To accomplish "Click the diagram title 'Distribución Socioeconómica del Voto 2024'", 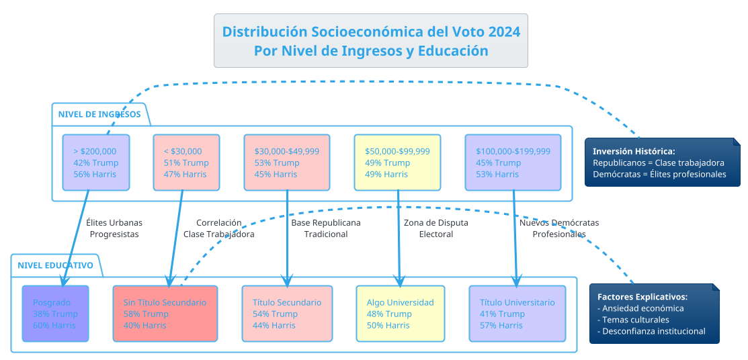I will tap(370, 32).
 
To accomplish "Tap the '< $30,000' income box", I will tap(186, 163).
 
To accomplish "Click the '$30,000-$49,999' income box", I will tap(287, 163).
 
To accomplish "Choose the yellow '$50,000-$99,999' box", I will tap(397, 163).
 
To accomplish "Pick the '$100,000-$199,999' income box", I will tap(513, 163).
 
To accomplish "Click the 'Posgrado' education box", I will tap(55, 314).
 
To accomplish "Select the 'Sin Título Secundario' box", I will tap(165, 314).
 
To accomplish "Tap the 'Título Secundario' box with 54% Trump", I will tap(287, 314).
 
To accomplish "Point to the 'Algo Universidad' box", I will tap(400, 314).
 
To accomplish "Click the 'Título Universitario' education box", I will tap(517, 314).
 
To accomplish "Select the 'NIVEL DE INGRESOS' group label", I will tap(99, 114).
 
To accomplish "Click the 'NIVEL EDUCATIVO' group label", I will tap(56, 265).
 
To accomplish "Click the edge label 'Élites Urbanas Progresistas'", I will tap(114, 228).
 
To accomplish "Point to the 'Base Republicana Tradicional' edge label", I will tap(326, 228).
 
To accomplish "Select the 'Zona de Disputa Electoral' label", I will tap(435, 228).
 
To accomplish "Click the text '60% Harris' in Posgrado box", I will tap(54, 325).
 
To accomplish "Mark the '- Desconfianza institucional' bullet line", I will tap(651, 331).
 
